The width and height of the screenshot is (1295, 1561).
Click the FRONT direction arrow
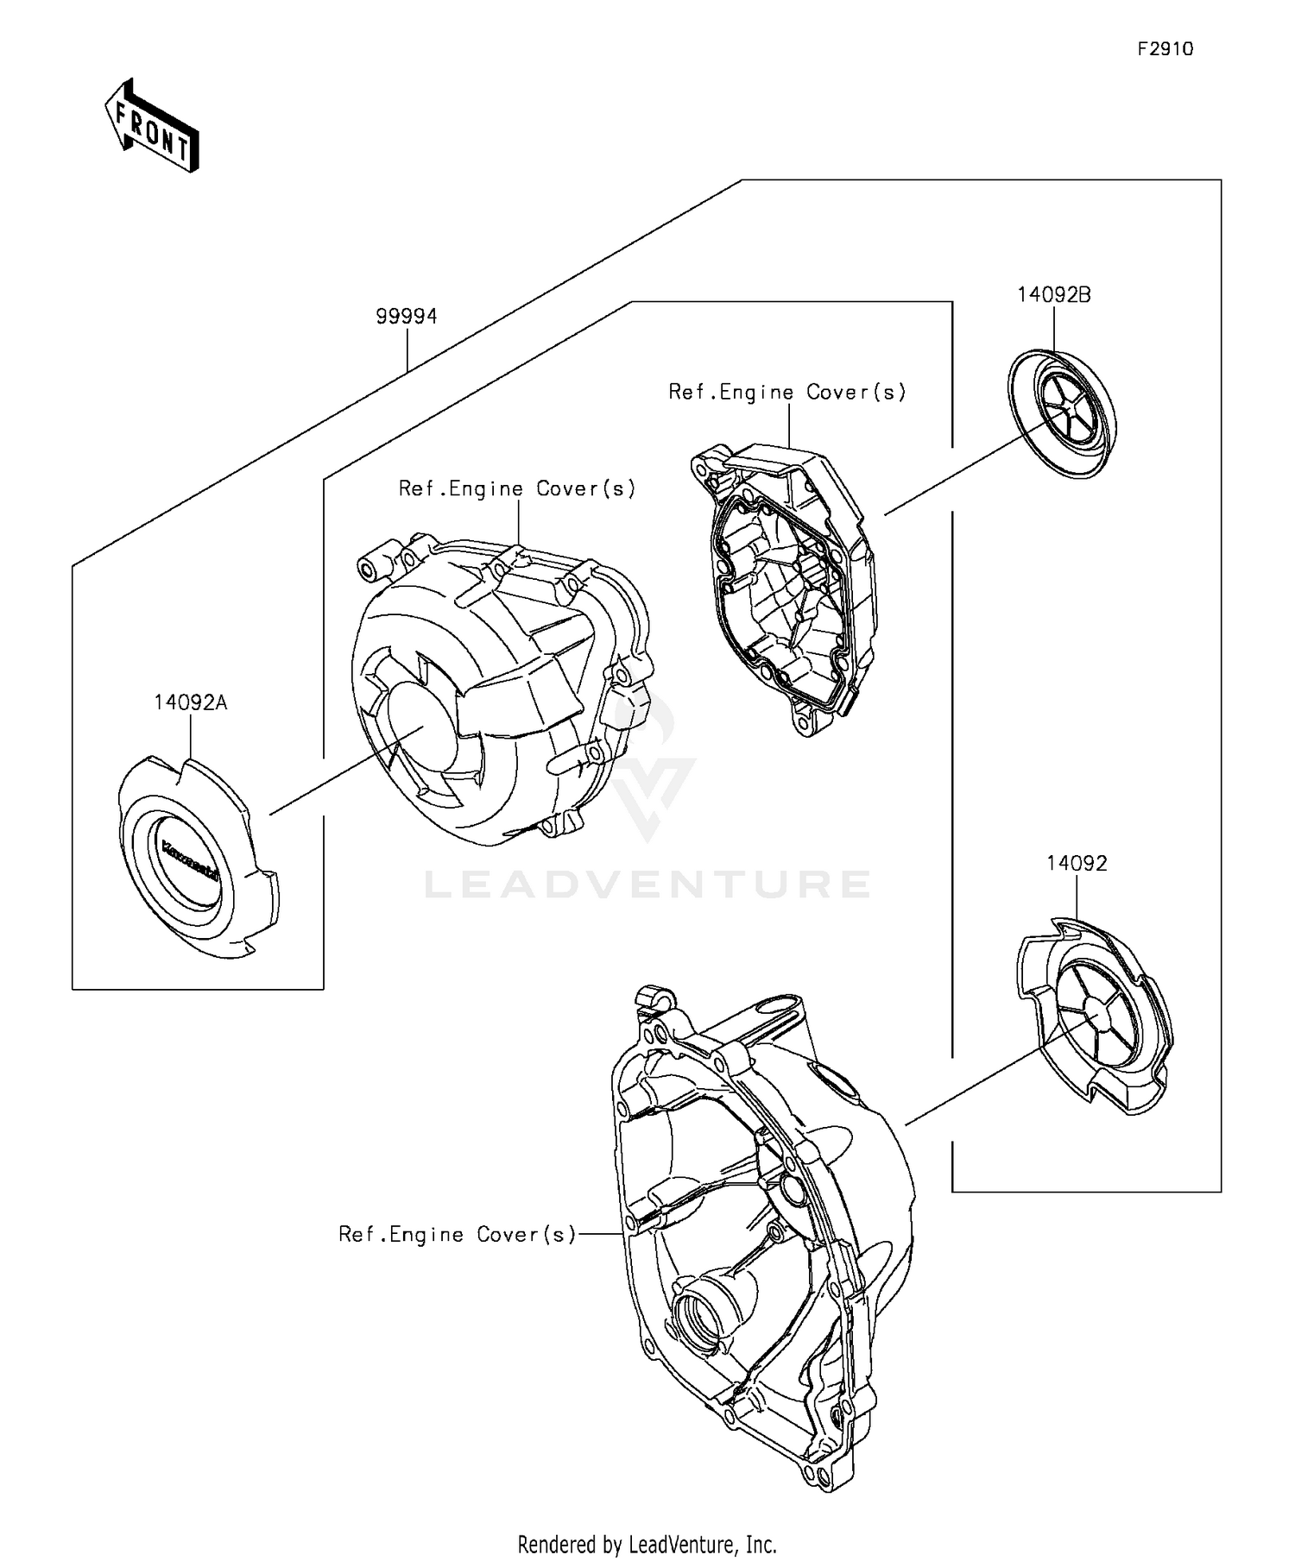click(152, 126)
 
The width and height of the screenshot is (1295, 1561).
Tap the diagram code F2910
click(1165, 49)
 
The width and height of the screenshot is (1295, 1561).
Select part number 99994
click(406, 317)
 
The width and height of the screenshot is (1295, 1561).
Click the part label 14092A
click(190, 702)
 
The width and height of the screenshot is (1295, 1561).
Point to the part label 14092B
click(1053, 295)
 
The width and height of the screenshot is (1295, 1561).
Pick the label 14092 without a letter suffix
click(1077, 863)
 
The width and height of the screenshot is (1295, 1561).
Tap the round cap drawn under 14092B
click(1062, 413)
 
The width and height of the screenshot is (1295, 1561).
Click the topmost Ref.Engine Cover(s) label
click(787, 393)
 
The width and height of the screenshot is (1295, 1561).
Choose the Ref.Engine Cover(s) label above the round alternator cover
click(517, 489)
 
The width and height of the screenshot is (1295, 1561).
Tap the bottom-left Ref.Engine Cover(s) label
click(457, 1235)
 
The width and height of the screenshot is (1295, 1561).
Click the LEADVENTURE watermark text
click(647, 884)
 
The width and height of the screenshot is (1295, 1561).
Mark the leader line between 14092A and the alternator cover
click(345, 771)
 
